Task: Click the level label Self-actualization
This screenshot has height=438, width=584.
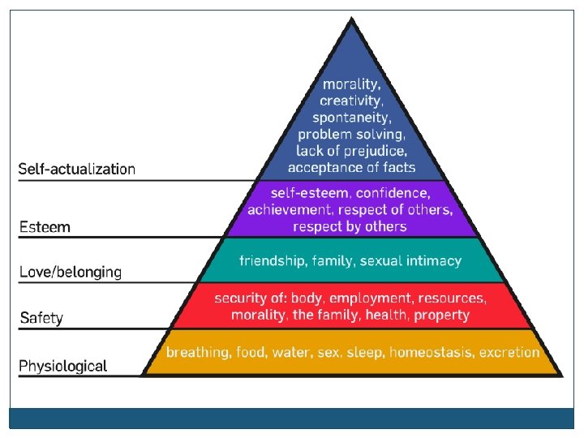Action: pos(77,170)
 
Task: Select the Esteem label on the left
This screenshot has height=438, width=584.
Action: pos(45,227)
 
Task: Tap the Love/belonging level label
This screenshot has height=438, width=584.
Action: pos(71,273)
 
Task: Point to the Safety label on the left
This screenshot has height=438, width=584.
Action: pos(41,318)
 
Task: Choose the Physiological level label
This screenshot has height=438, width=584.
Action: pos(63,366)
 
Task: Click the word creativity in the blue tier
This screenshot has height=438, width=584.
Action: pos(350,101)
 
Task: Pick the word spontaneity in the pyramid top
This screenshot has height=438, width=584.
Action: pos(350,117)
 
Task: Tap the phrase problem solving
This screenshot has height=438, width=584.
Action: pos(350,134)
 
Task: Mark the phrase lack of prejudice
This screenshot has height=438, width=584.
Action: pos(350,150)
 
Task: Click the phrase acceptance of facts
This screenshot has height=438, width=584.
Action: pos(351,167)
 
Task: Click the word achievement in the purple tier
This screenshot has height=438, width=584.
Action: pos(288,210)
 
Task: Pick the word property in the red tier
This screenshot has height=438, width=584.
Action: pos(441,315)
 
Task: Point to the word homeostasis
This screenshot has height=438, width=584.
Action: pos(431,353)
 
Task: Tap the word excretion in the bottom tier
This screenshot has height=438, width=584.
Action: pos(509,353)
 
